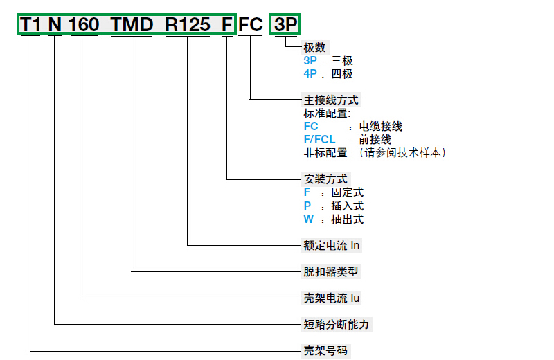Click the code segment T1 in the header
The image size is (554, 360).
[x=31, y=25]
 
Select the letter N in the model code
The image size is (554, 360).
[x=55, y=25]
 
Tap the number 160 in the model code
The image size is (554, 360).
[x=84, y=25]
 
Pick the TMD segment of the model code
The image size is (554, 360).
[x=132, y=25]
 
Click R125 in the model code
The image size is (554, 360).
[x=187, y=25]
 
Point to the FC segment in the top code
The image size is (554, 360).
[x=251, y=25]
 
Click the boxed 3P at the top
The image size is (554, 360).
[x=285, y=25]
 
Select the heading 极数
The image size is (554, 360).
[x=314, y=48]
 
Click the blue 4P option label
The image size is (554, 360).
[x=310, y=74]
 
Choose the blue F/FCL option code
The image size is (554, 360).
[x=319, y=139]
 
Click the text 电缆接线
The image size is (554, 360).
[x=380, y=127]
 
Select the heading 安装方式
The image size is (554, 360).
[x=325, y=179]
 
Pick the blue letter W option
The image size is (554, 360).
[x=308, y=219]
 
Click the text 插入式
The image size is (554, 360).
[x=347, y=206]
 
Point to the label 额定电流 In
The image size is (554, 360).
[x=332, y=245]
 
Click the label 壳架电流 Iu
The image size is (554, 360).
[x=332, y=298]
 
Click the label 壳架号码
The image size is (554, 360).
[x=325, y=350]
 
